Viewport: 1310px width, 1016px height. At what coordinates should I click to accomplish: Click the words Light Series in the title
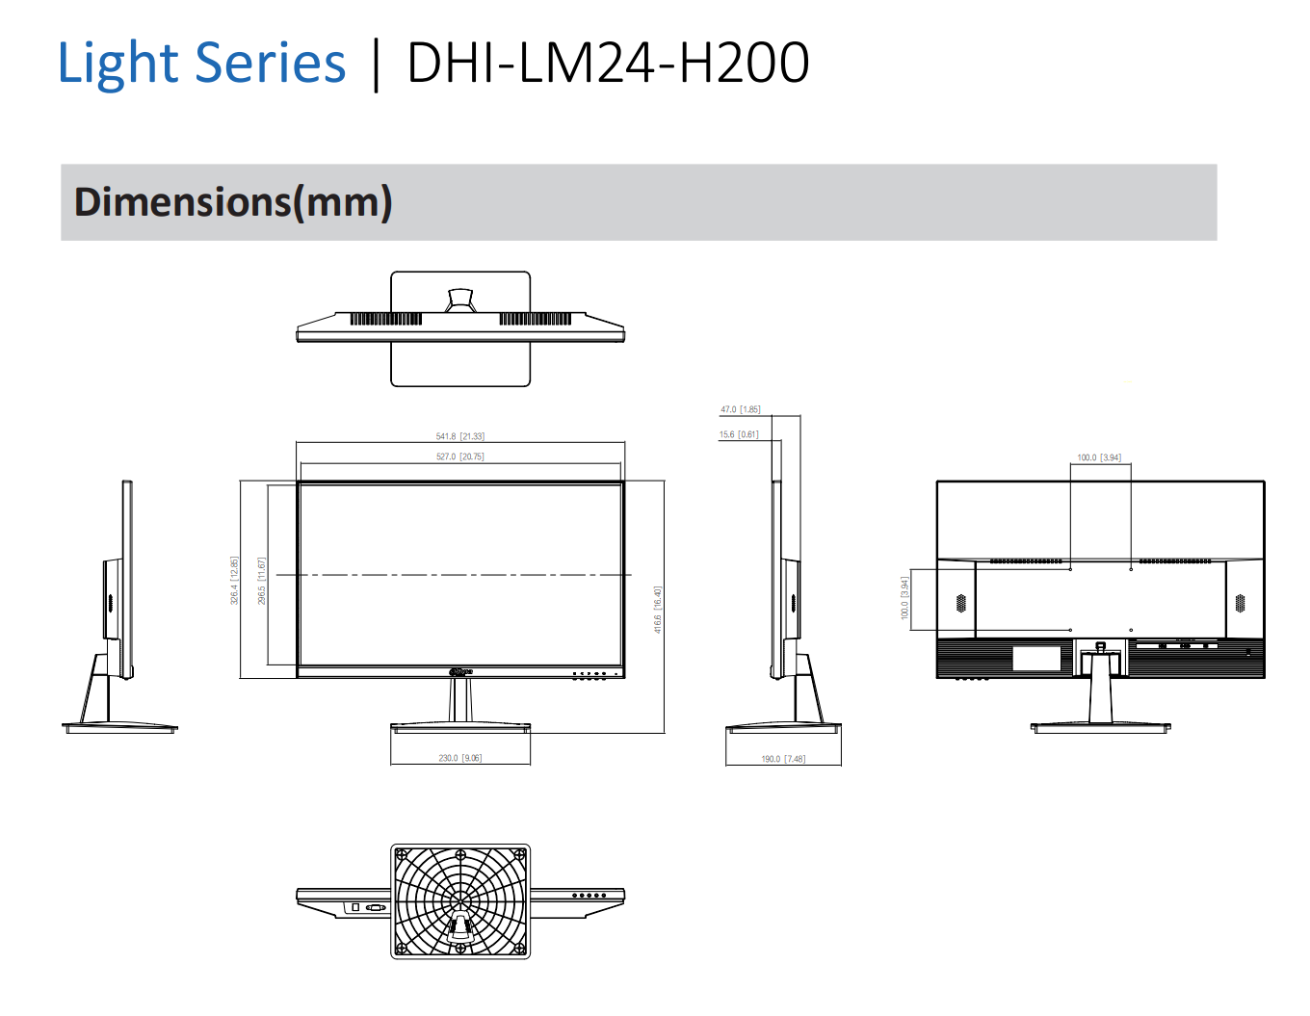point(201,64)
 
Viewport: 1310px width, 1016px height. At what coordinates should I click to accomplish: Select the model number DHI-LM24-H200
point(608,64)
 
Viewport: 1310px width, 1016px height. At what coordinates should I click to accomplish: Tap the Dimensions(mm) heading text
point(233,202)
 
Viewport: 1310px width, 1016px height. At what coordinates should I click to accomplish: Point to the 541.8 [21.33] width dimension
point(459,436)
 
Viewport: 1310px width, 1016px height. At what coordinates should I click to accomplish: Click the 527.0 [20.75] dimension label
point(459,456)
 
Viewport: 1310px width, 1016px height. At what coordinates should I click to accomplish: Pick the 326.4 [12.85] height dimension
point(234,581)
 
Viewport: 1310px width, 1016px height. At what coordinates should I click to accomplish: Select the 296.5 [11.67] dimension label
point(262,581)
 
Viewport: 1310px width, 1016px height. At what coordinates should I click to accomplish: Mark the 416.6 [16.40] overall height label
point(658,610)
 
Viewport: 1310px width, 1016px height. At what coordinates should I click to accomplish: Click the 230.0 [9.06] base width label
point(459,758)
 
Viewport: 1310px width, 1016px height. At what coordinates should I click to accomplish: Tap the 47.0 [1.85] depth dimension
point(740,409)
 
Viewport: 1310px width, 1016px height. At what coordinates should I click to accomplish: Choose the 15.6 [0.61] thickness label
point(738,434)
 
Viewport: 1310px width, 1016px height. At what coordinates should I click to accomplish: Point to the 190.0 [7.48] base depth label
point(782,759)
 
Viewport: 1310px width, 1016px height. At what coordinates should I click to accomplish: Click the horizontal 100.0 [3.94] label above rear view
point(1099,457)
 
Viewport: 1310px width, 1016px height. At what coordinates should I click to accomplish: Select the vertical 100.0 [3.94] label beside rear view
point(904,598)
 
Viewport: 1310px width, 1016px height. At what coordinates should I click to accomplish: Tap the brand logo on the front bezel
point(460,670)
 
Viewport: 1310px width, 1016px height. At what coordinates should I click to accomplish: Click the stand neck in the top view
point(460,300)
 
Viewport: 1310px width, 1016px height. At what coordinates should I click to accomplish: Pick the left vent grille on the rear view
point(960,603)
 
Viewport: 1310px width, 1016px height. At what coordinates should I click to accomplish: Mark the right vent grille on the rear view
point(1240,603)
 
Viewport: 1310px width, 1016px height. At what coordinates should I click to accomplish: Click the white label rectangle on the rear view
point(1035,659)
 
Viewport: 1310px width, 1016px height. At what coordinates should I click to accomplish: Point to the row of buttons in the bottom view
point(589,896)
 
